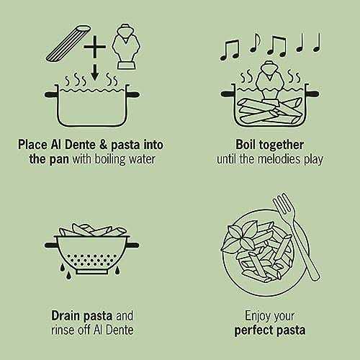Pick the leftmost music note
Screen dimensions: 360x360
point(229,50)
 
